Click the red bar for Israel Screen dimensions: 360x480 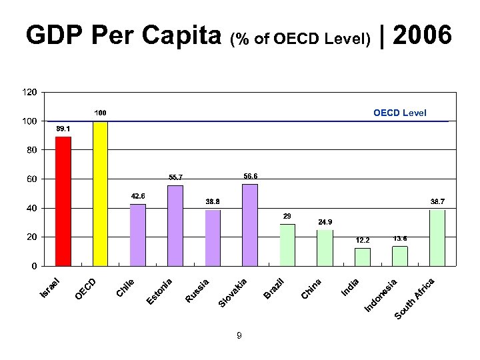click(63, 201)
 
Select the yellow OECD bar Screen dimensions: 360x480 click(101, 193)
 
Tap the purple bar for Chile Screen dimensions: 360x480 click(138, 235)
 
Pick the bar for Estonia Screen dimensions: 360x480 click(175, 225)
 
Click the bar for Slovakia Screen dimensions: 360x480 click(250, 225)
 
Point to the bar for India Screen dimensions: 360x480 click(363, 257)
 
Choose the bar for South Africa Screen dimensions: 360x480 click(437, 237)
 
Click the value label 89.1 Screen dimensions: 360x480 click(63, 128)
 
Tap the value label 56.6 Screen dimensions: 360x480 click(251, 176)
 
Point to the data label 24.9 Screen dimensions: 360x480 click(325, 221)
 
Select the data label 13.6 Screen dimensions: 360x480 click(400, 238)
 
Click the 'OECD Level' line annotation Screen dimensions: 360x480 click(400, 113)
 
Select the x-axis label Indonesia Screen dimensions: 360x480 click(382, 295)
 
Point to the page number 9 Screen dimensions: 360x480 click(239, 336)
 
